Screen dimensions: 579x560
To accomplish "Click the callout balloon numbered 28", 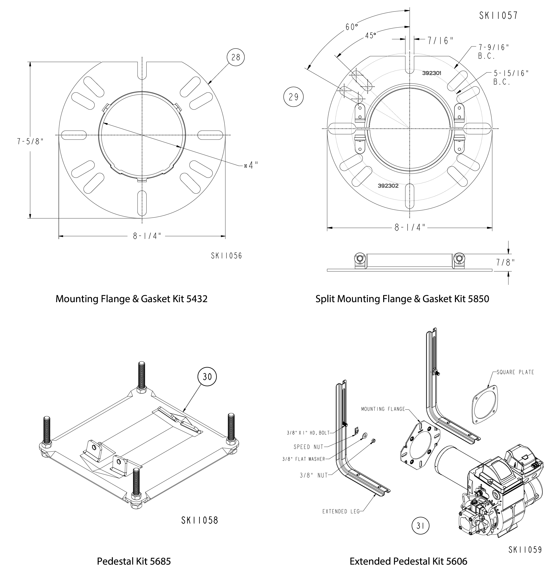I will [x=235, y=57].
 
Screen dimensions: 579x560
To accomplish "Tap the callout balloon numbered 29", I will [x=293, y=97].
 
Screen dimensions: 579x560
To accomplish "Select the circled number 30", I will [x=207, y=377].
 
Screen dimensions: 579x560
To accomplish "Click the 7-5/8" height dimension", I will [x=30, y=142].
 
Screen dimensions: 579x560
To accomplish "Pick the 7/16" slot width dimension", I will [x=440, y=41].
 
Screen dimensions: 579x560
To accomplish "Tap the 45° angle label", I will [x=371, y=36].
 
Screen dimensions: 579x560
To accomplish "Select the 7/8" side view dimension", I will [x=505, y=262].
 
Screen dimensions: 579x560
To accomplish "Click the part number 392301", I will [x=431, y=73].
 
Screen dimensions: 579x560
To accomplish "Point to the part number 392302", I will [x=388, y=186].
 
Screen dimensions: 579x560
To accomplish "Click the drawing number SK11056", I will [x=226, y=256].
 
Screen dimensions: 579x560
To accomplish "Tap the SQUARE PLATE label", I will [x=515, y=372].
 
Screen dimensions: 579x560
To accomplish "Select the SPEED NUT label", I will [x=308, y=447].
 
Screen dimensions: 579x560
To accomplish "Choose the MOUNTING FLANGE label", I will [x=383, y=409].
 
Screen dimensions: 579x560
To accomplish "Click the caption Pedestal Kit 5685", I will [x=134, y=561].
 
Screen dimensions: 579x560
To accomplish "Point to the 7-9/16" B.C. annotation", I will [x=493, y=52].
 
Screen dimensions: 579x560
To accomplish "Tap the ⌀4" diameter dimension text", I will [x=251, y=165].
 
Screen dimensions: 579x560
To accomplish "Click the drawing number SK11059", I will [x=525, y=550].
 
